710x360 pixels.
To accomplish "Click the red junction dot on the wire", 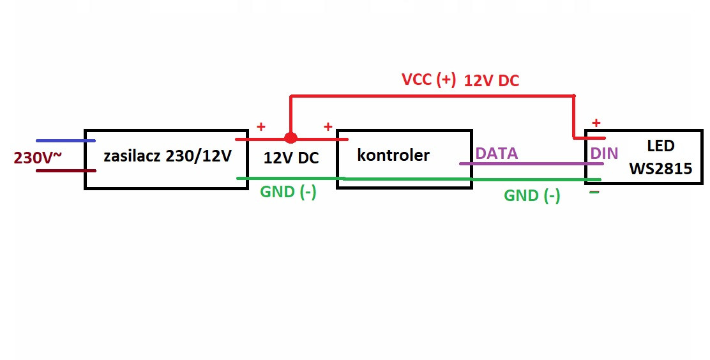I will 291,138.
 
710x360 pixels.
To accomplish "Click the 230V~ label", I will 38,158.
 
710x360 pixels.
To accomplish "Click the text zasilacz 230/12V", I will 167,155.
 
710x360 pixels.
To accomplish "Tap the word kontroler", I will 393,154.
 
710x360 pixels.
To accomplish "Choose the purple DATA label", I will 496,153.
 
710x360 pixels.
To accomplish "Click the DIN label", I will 603,153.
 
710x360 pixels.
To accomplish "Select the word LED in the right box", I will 660,146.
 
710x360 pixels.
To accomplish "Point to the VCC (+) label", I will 428,80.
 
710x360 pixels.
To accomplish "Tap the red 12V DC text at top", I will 492,80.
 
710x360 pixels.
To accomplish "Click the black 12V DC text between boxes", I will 291,158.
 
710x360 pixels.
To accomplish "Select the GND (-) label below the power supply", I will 288,191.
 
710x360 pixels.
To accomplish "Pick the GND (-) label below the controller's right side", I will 532,195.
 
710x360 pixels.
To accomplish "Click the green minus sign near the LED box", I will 594,191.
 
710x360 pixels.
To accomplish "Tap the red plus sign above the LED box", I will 596,123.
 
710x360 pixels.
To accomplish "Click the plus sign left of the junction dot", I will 261,126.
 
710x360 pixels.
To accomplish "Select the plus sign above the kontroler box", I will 328,126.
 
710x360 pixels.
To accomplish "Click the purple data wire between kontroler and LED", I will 530,163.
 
